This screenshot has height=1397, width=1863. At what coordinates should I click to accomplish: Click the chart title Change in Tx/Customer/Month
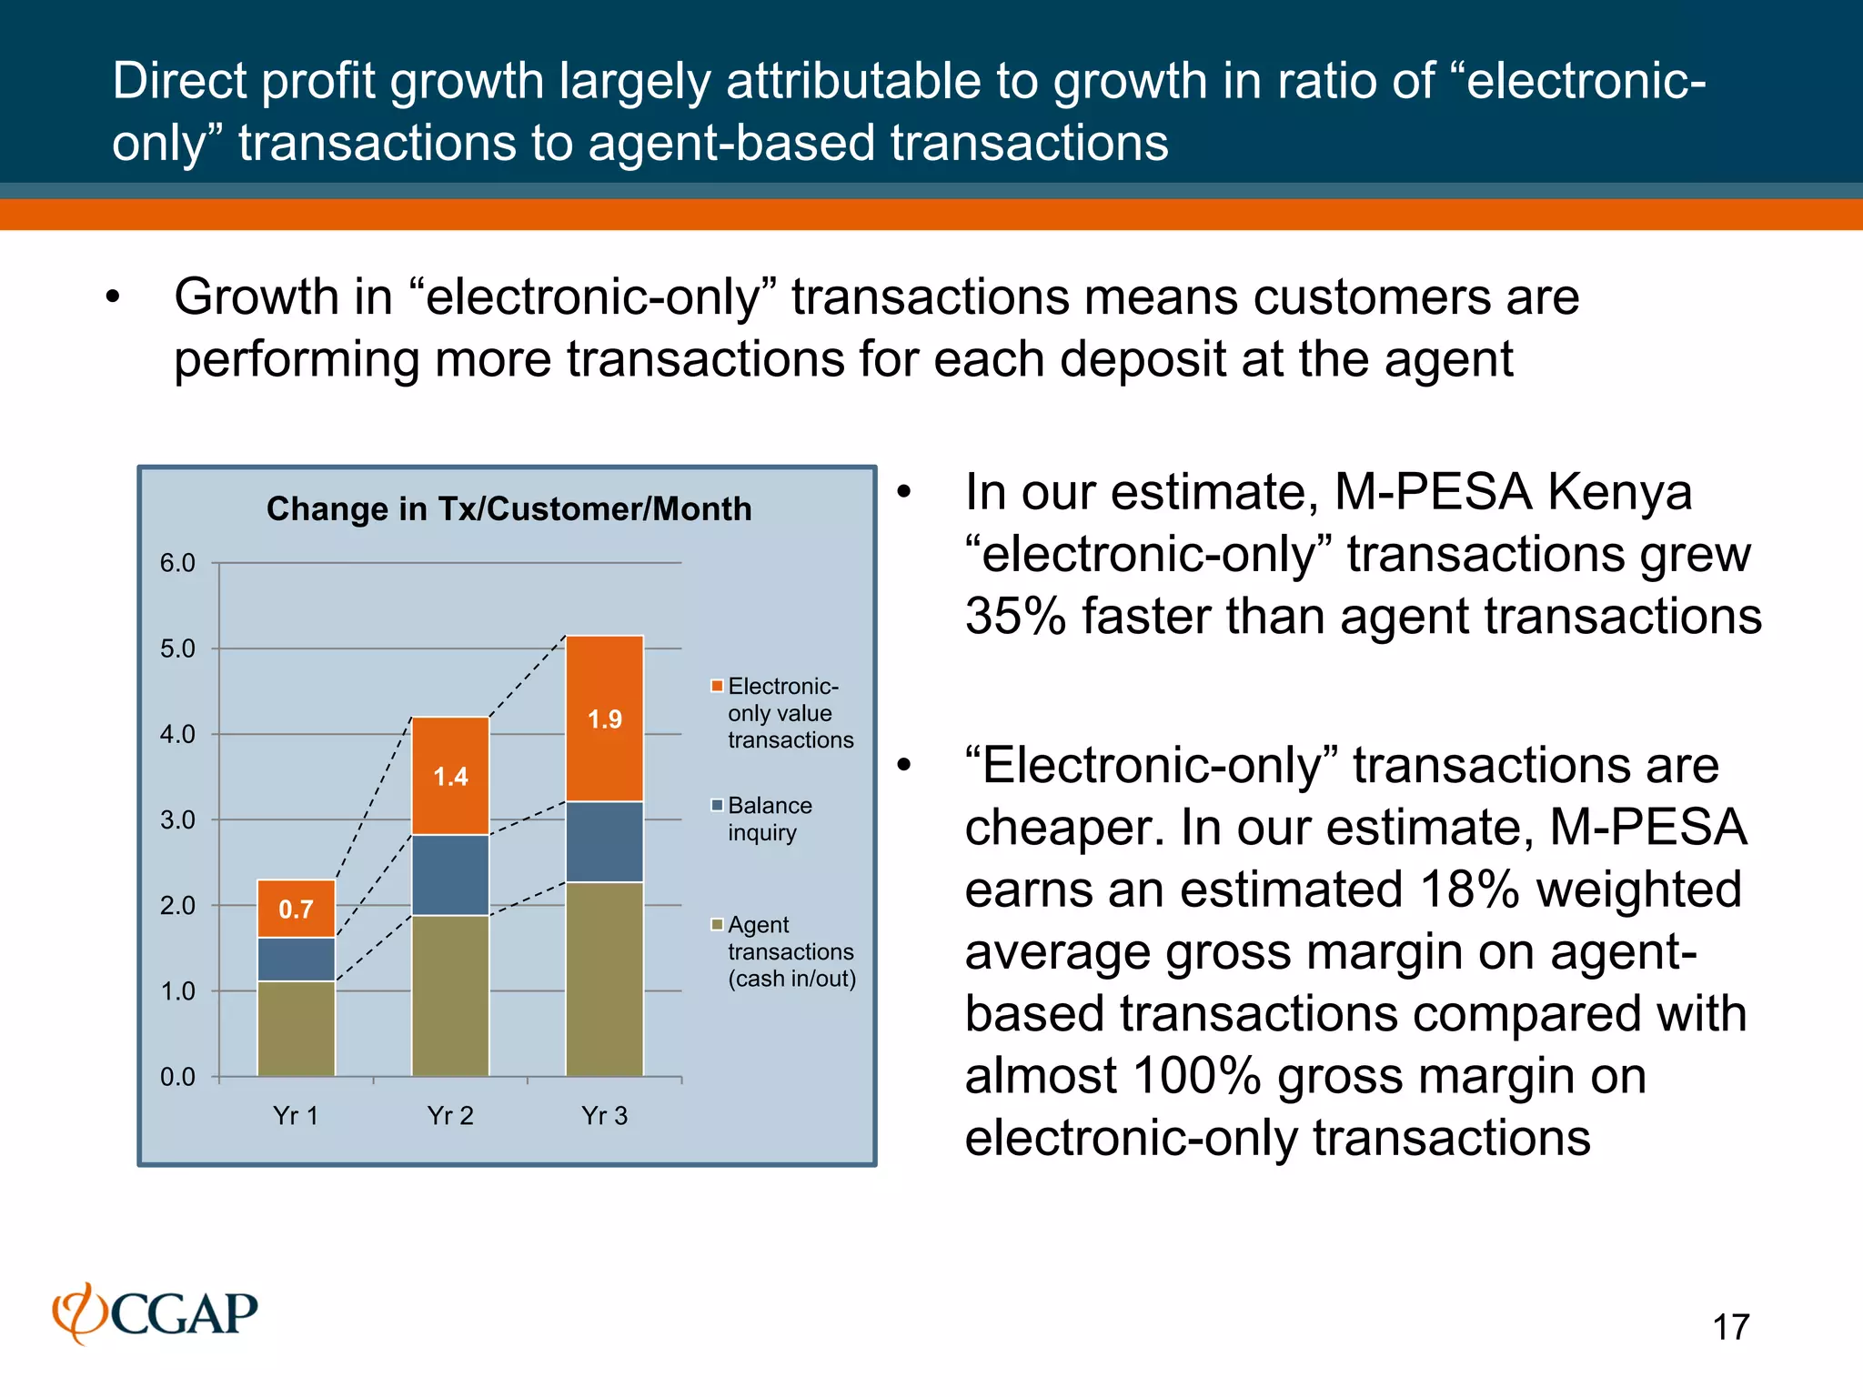point(509,508)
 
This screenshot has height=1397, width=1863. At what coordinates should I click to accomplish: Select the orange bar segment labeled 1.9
point(605,719)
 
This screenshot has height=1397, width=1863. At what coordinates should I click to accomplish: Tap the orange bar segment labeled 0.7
point(296,909)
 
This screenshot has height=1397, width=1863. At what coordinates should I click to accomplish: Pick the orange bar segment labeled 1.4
point(450,776)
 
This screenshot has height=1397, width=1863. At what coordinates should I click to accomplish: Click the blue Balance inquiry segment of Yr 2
point(450,875)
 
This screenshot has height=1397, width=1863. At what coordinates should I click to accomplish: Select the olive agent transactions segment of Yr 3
point(605,979)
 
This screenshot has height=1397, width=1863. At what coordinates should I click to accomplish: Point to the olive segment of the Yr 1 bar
point(296,1029)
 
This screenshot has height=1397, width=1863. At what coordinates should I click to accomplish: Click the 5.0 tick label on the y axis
point(177,648)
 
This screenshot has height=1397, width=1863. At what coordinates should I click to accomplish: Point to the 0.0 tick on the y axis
point(177,1077)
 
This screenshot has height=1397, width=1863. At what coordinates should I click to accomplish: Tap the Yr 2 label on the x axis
point(450,1116)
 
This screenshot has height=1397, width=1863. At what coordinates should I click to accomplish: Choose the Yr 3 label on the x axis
point(605,1116)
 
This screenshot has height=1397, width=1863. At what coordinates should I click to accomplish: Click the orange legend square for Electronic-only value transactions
point(717,686)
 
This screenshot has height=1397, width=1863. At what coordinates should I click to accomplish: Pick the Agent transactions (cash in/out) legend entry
point(790,951)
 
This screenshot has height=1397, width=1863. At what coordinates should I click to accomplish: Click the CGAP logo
point(156,1313)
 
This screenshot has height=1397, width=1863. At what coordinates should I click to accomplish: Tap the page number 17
point(1730,1327)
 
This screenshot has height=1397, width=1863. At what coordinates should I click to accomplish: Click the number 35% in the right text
point(1015,617)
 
